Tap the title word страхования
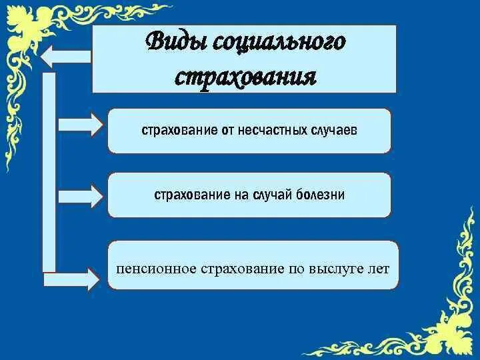(245, 75)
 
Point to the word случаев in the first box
(333, 130)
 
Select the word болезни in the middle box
(322, 195)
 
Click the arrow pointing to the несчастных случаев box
(81, 124)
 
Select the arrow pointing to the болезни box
(81, 196)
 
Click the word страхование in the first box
(176, 130)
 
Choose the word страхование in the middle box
(189, 195)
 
